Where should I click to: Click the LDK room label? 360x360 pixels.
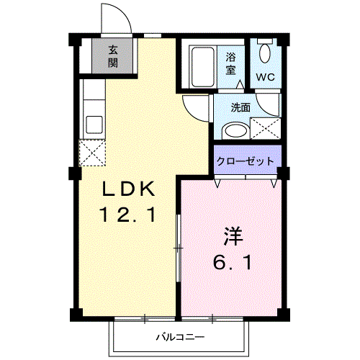pos(128,189)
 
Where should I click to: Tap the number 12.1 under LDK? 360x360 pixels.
pos(128,215)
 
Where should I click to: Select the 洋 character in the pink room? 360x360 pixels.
pos(233,236)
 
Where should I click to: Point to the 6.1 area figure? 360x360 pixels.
pos(233,262)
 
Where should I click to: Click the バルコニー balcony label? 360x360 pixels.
pos(181,337)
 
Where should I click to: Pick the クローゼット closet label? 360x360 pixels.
pos(246,161)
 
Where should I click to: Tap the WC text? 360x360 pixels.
pos(265,77)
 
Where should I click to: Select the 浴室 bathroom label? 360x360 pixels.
pos(230,63)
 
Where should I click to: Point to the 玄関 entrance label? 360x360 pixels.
pos(113,57)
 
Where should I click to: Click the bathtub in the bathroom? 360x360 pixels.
pos(203,67)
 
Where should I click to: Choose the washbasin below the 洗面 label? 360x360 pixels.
pos(235,131)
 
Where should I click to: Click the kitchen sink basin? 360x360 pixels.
pos(94,125)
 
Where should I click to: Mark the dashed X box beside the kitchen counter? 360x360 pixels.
pos(92,153)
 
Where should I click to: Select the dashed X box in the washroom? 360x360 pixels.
pos(265,128)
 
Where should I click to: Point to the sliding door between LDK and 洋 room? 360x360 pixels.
pos(178,248)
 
